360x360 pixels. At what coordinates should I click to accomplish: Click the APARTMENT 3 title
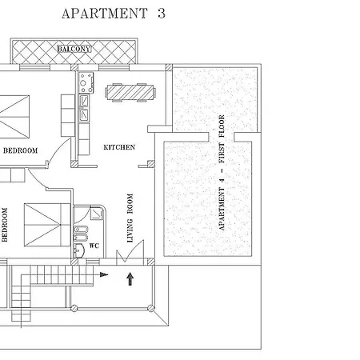coord(114,14)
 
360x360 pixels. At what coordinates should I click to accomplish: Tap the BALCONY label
coord(74,49)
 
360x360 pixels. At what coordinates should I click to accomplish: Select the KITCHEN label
coord(119,147)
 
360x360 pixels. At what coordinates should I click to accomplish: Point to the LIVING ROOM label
coord(130,218)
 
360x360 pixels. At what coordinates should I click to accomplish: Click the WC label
coord(94,246)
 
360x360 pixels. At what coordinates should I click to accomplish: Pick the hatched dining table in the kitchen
coord(130,93)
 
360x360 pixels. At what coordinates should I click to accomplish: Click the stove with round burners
coord(86,82)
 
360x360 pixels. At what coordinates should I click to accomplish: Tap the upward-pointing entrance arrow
coord(130,279)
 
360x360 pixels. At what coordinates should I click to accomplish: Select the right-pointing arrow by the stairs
coord(104,274)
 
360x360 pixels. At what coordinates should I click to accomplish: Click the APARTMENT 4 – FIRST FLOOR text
coord(222,173)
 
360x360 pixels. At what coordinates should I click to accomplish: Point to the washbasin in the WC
coord(79,250)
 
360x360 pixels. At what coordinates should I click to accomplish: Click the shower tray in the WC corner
coord(97,214)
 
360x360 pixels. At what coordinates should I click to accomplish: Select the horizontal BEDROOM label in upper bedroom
coord(20,150)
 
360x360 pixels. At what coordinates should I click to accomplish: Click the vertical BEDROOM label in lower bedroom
coord(5,225)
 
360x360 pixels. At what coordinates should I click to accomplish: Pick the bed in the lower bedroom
coord(47,225)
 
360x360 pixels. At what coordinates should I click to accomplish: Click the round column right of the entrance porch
coord(151,308)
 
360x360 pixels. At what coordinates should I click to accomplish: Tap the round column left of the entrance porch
coord(74,308)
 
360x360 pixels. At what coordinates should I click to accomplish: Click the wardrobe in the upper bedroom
coord(68,115)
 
